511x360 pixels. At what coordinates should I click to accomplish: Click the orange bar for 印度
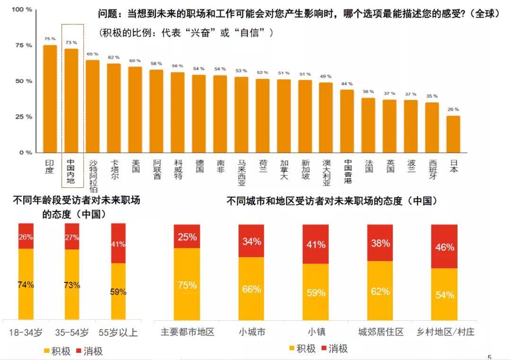click(x=50, y=99)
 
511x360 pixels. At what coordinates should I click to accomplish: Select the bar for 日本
click(x=453, y=134)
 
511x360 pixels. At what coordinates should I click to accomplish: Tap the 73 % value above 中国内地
click(x=71, y=43)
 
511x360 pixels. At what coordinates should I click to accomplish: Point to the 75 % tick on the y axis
click(x=22, y=45)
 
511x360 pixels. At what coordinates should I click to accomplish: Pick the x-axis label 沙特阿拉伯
click(x=93, y=176)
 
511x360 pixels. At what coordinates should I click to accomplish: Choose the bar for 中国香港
click(x=347, y=121)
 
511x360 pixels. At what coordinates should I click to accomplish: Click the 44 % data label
click(x=347, y=84)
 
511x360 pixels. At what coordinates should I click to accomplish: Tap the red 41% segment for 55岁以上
click(x=118, y=243)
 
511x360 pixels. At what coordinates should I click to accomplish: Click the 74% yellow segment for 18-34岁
click(x=26, y=284)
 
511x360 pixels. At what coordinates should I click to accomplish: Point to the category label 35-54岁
click(x=72, y=333)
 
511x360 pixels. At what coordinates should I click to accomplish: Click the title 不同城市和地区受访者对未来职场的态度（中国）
click(x=331, y=201)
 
